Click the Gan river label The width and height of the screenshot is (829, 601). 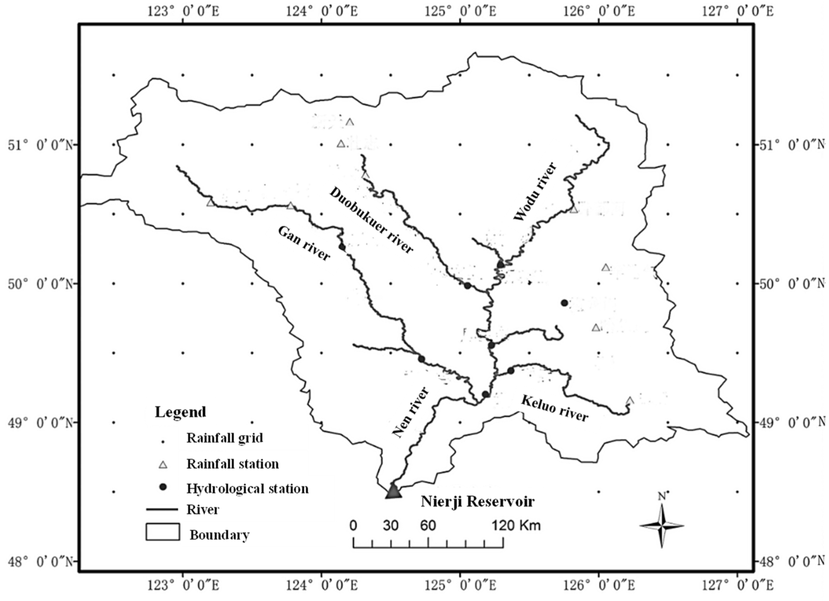(x=304, y=243)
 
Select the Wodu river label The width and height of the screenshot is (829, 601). (x=536, y=192)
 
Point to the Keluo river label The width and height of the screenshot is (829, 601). (x=555, y=408)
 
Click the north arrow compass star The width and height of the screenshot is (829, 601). (x=661, y=526)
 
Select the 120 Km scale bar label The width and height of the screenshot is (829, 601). (x=516, y=526)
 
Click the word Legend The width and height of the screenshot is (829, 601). (x=180, y=412)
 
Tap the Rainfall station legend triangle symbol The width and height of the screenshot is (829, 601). (x=163, y=465)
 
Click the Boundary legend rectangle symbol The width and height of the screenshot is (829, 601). (x=163, y=532)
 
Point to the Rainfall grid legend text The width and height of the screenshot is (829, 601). (x=225, y=438)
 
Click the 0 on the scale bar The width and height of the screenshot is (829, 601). (x=353, y=526)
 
